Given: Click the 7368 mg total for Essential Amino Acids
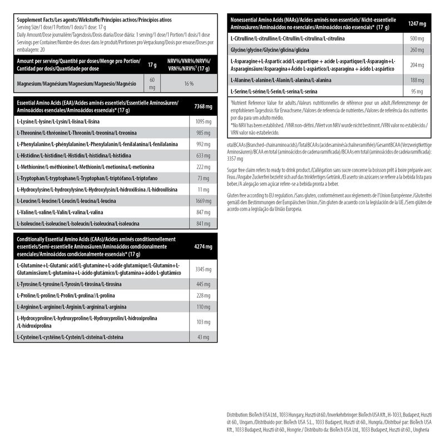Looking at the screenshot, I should pyautogui.click(x=201, y=106).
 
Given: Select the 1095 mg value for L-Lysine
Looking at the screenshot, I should pyautogui.click(x=201, y=121).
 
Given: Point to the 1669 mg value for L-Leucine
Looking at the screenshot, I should pyautogui.click(x=201, y=201).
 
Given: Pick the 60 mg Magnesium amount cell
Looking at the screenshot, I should pyautogui.click(x=152, y=83).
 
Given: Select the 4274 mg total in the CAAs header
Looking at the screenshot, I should pyautogui.click(x=201, y=245).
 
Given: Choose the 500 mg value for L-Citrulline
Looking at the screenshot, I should pyautogui.click(x=417, y=38).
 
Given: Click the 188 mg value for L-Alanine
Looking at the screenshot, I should pyautogui.click(x=417, y=80).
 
